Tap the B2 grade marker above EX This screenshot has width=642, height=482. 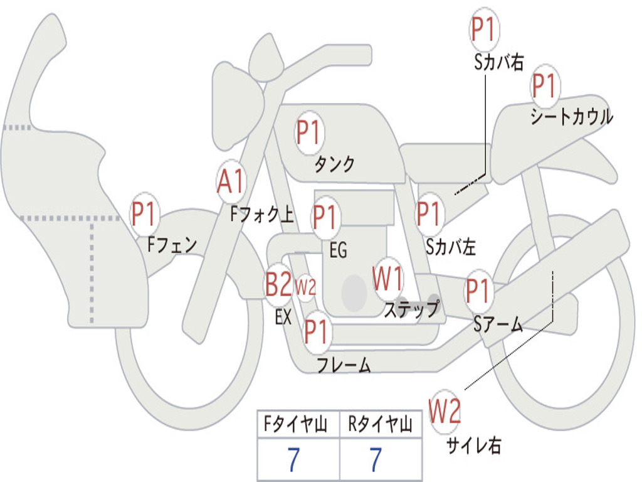pyautogui.click(x=278, y=284)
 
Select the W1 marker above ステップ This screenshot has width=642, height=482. pyautogui.click(x=387, y=278)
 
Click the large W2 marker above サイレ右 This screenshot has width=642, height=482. pyautogui.click(x=445, y=412)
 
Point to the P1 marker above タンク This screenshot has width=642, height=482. pyautogui.click(x=308, y=133)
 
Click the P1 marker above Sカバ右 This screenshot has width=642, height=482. pyautogui.click(x=483, y=29)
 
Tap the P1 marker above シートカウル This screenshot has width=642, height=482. pyautogui.click(x=544, y=86)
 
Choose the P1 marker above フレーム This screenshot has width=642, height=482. pyautogui.click(x=317, y=331)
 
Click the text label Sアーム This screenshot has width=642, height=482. pyautogui.click(x=498, y=324)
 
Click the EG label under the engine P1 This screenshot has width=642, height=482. pyautogui.click(x=338, y=250)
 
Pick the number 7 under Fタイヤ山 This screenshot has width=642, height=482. pyautogui.click(x=293, y=459)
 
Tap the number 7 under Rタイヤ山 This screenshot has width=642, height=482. pyautogui.click(x=376, y=459)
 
